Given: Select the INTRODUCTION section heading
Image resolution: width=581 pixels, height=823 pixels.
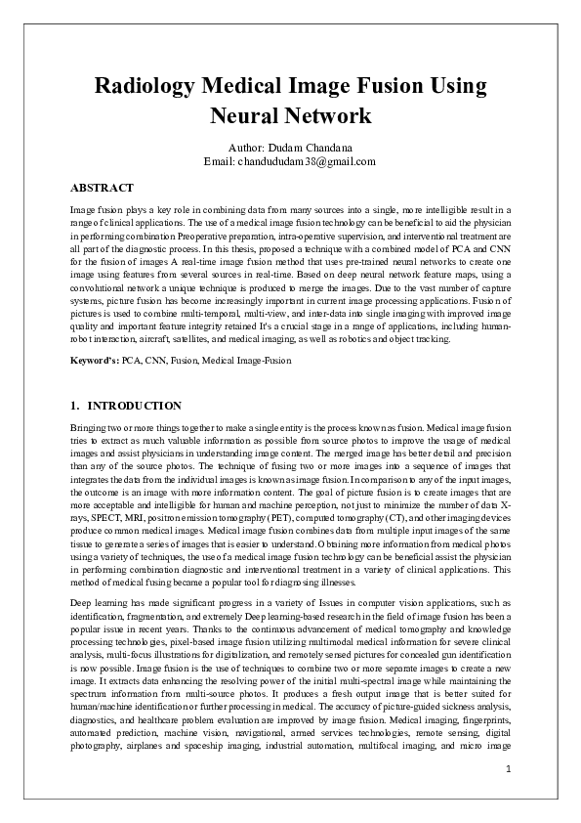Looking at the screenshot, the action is pyautogui.click(x=135, y=405).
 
